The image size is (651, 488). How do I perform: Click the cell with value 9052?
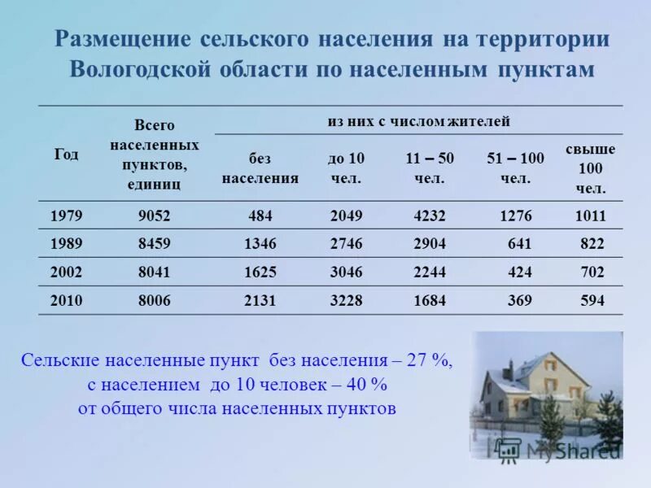click(155, 216)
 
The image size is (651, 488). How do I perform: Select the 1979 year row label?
click(67, 216)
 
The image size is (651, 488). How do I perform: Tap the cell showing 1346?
click(260, 244)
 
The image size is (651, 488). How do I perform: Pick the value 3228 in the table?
click(347, 301)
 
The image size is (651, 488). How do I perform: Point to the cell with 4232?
click(430, 216)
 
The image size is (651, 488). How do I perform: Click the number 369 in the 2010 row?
click(520, 301)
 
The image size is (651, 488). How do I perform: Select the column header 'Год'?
click(67, 155)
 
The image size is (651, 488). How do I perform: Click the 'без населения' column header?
click(260, 168)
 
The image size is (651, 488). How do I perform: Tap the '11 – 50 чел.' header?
click(430, 168)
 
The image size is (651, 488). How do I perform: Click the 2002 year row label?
click(67, 272)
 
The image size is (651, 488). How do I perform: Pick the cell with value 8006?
click(155, 301)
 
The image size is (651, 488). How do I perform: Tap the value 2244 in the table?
click(430, 272)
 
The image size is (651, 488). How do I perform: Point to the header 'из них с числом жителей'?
click(419, 122)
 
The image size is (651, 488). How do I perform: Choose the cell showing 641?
click(519, 244)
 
